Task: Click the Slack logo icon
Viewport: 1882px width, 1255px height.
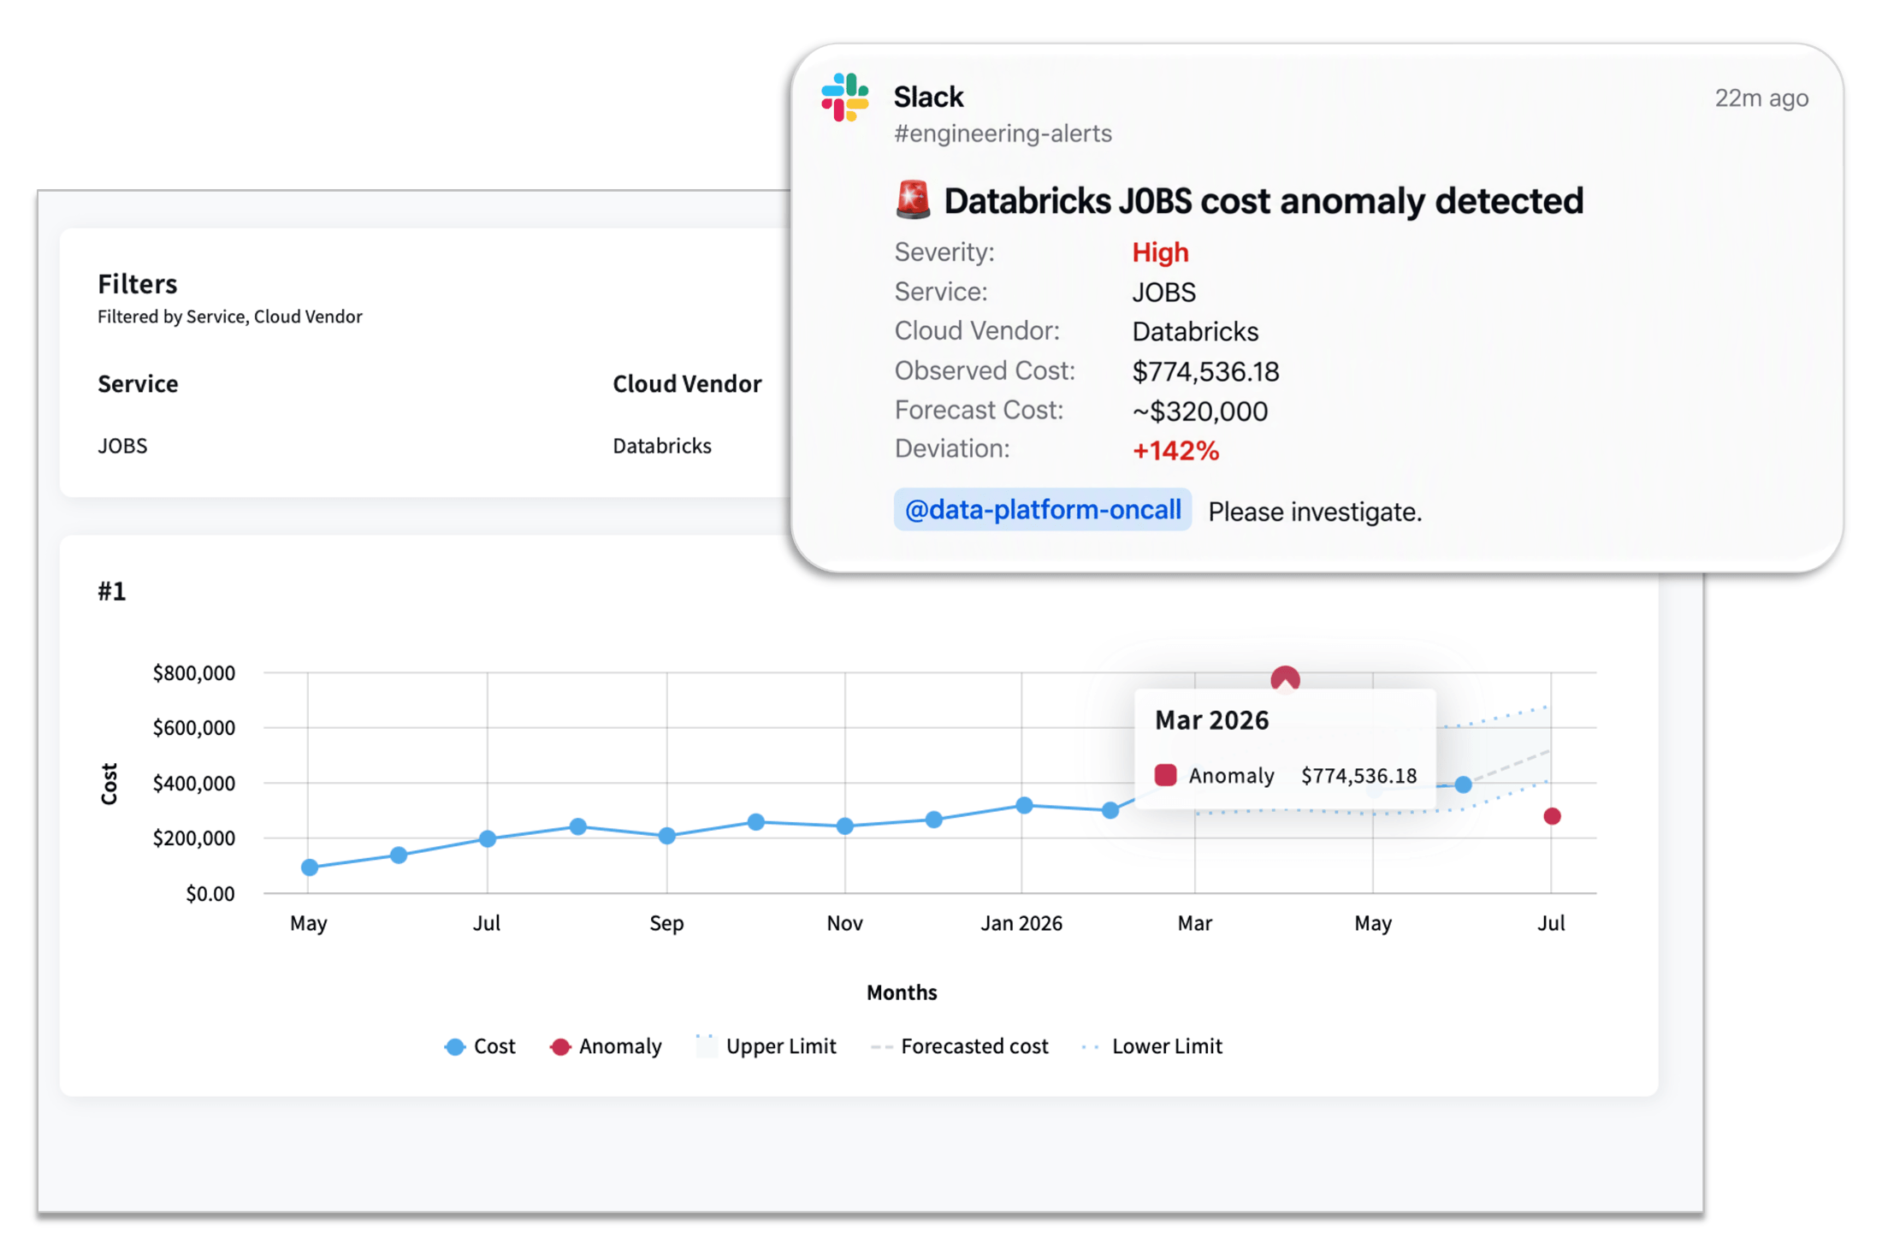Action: click(844, 97)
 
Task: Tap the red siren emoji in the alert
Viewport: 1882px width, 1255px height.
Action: click(913, 199)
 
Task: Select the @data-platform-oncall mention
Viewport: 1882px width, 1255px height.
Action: click(1042, 510)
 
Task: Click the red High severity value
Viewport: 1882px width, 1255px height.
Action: click(1160, 252)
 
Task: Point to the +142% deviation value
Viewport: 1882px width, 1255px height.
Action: click(1175, 451)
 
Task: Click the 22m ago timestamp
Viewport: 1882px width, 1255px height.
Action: click(1761, 98)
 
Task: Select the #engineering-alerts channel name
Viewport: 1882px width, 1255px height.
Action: click(1003, 133)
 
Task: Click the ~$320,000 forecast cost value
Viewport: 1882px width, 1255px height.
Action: click(1199, 411)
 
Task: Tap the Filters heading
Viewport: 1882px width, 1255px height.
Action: click(137, 283)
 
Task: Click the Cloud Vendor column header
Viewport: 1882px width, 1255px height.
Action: click(687, 383)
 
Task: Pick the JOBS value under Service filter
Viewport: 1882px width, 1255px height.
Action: click(122, 446)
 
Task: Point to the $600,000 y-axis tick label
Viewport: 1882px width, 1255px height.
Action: click(194, 728)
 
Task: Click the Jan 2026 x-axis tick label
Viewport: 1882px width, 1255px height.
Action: click(1021, 923)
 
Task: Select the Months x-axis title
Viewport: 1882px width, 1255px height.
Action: click(902, 992)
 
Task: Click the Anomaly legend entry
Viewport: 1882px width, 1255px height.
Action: click(606, 1046)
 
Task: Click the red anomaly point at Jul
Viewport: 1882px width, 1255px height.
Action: click(1552, 816)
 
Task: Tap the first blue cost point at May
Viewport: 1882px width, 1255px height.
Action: click(310, 867)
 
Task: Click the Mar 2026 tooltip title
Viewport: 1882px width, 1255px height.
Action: click(1211, 720)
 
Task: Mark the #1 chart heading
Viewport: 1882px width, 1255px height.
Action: click(112, 591)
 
